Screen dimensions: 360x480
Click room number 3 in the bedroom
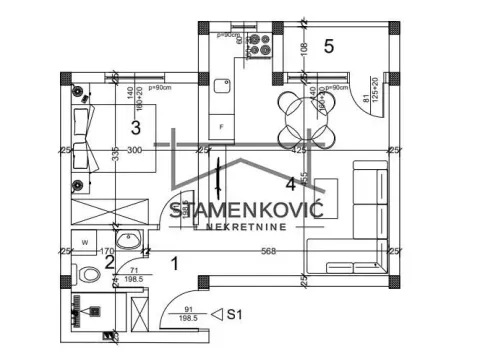pos(134,126)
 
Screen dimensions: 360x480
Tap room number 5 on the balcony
pos(328,45)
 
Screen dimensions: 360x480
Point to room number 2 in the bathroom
pos(110,263)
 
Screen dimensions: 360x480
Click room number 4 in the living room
pos(291,183)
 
